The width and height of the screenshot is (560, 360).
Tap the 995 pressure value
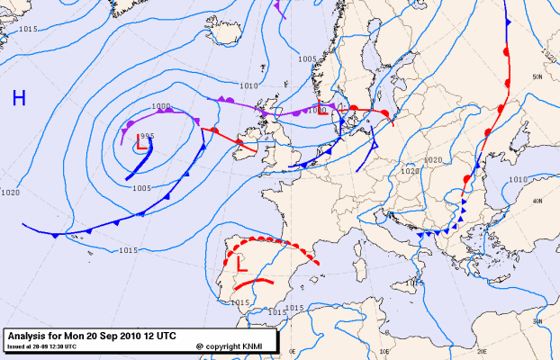[x=148, y=135]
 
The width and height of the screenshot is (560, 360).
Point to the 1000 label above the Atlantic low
[x=161, y=106]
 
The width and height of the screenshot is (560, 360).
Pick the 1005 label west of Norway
[x=308, y=59]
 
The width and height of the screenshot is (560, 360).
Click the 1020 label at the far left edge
[x=11, y=193]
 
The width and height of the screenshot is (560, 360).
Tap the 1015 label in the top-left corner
[x=27, y=30]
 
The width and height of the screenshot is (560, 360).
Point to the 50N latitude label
[x=537, y=77]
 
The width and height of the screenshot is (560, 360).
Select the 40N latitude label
[x=537, y=202]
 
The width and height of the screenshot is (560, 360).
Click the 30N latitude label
[x=537, y=319]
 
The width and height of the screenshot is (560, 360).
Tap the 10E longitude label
[x=385, y=350]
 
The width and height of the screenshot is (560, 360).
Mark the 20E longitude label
[x=481, y=350]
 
